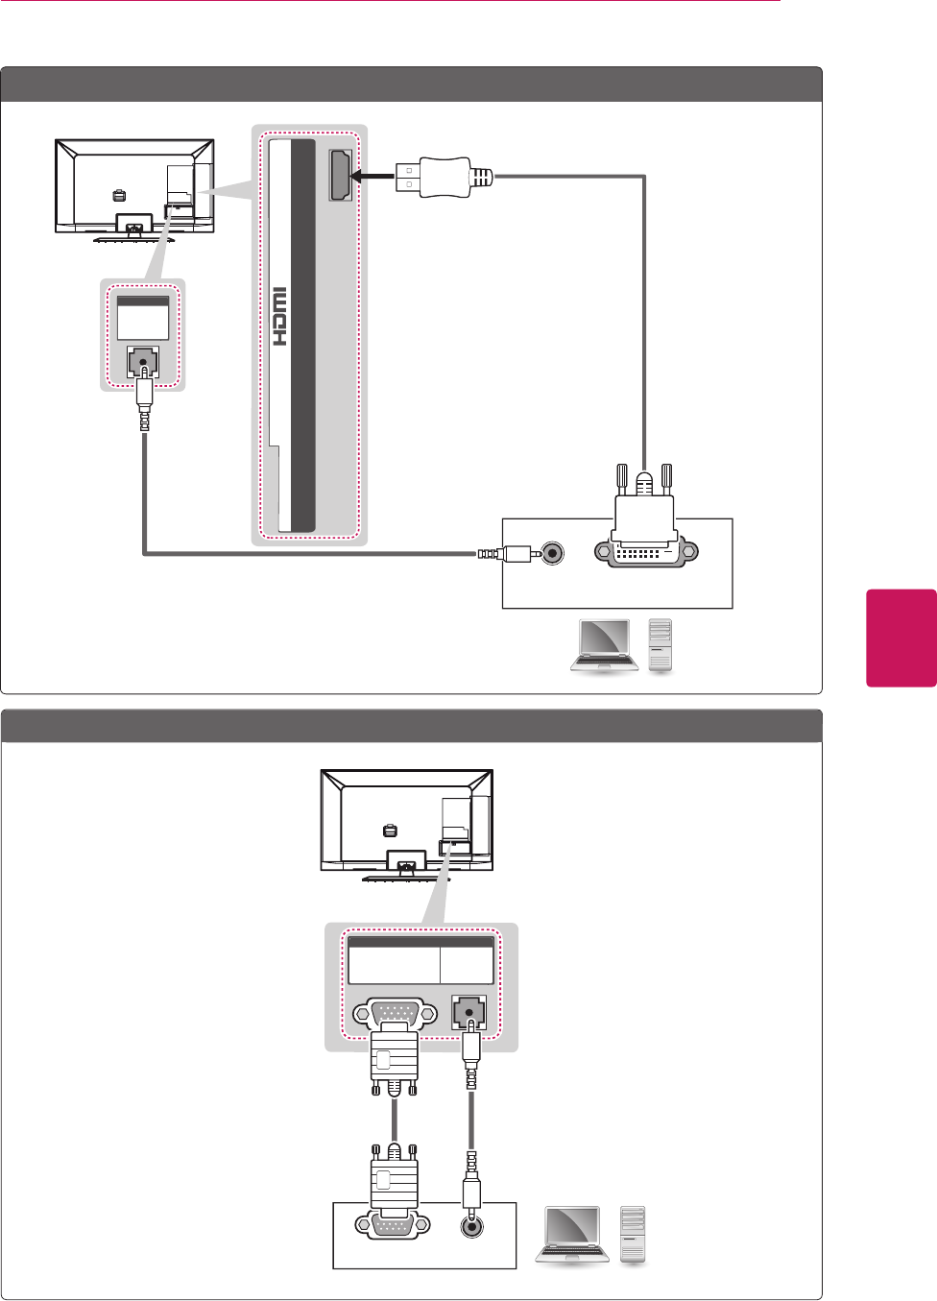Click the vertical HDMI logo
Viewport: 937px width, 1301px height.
tap(279, 317)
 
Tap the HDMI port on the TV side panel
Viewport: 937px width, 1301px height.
tap(340, 176)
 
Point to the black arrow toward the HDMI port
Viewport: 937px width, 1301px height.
tap(372, 176)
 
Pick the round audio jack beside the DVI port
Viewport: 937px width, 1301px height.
tap(552, 553)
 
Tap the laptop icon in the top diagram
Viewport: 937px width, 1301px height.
tap(603, 645)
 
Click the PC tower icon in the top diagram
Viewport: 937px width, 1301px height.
tap(661, 645)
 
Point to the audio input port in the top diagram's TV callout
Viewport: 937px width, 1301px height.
tap(143, 363)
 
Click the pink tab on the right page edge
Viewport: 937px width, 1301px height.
tap(901, 638)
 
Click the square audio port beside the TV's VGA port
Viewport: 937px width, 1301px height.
tap(469, 1013)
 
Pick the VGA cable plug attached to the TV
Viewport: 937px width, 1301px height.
tap(395, 1061)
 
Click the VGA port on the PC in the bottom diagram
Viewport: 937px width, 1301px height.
tap(395, 1225)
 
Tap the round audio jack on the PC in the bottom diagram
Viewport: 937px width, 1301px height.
tap(471, 1226)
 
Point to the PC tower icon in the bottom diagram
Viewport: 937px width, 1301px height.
tap(632, 1234)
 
